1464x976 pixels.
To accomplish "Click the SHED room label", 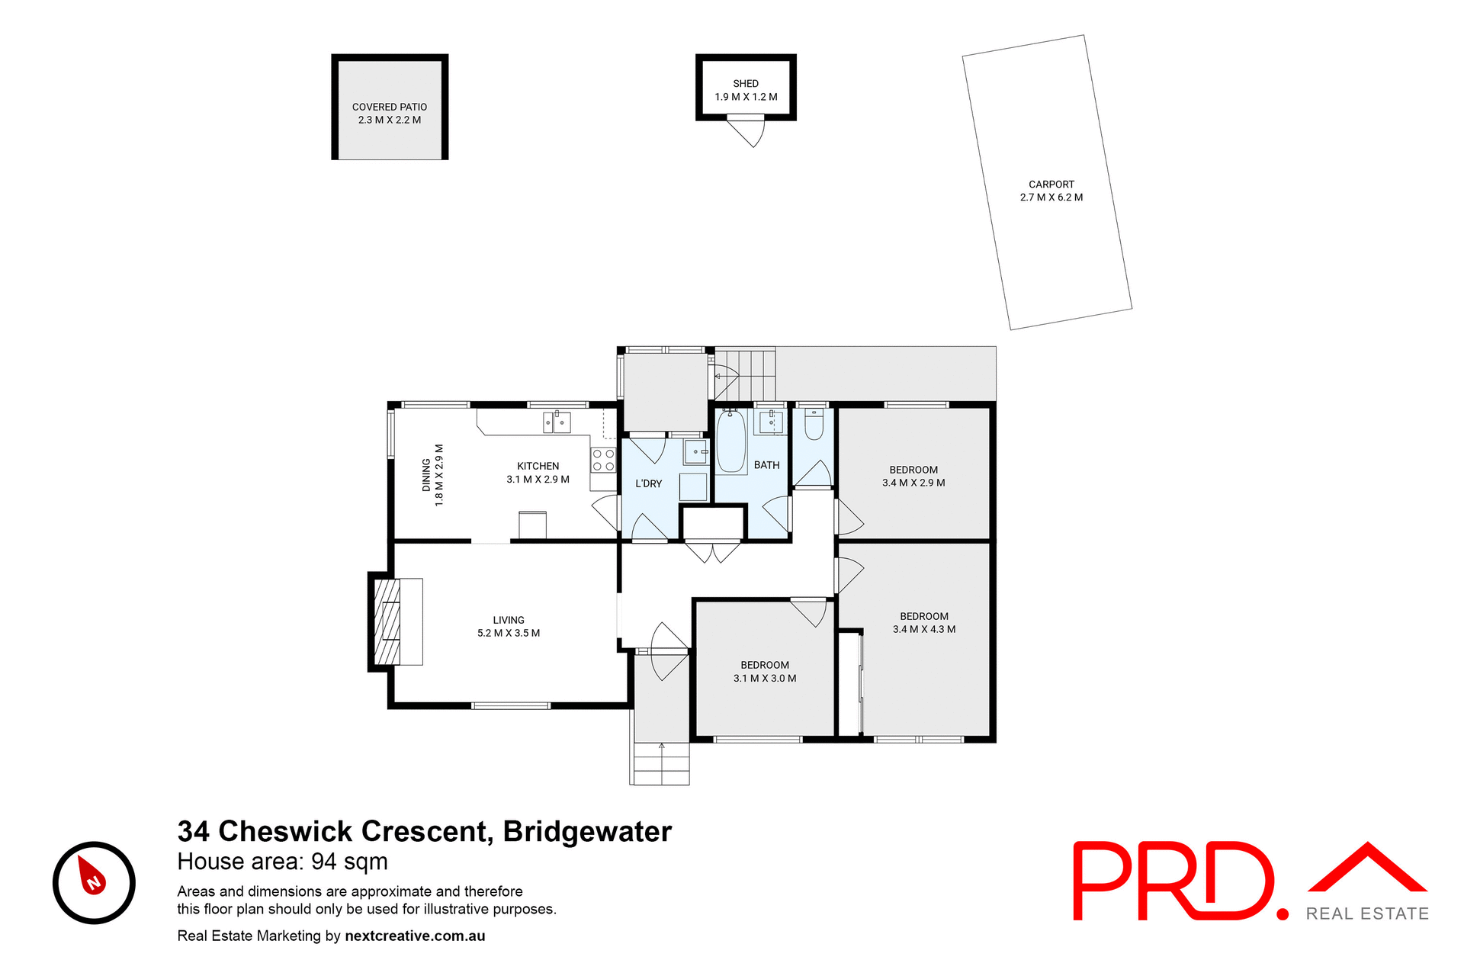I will coord(745,84).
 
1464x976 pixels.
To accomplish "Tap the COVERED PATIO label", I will coord(389,107).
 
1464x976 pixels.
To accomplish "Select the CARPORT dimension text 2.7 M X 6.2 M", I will coord(1051,197).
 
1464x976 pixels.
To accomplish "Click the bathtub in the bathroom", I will coord(731,441).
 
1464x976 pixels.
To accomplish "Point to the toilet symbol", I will coord(814,425).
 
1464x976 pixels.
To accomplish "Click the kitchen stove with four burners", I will coord(603,460).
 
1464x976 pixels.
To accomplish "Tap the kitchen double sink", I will coord(557,422).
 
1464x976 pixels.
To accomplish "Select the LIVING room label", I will coord(508,620).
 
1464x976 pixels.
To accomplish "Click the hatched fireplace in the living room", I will coord(387,621).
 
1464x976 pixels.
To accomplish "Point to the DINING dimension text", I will coord(438,475).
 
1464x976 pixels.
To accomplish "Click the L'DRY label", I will coord(648,483).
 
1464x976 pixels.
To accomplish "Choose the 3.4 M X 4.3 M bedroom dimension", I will coord(923,629).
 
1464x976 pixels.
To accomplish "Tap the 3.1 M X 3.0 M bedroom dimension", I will coord(764,678).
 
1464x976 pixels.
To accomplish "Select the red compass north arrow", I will coord(91,876).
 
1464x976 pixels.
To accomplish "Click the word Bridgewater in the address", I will coord(587,831).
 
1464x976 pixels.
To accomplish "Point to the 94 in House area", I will coord(324,862).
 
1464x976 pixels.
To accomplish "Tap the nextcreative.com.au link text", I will coord(415,936).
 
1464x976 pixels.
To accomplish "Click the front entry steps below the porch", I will coord(661,764).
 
